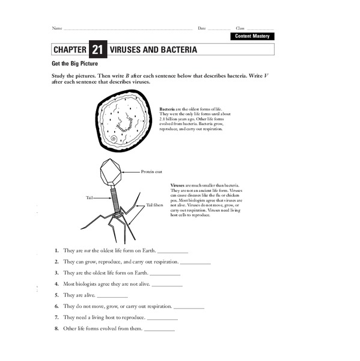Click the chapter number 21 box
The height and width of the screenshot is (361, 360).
tap(98, 49)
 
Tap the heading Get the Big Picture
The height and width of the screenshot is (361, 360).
tap(75, 63)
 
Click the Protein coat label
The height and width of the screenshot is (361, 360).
tap(151, 171)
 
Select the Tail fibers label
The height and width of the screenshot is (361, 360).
tap(154, 205)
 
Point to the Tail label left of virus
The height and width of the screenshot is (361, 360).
tap(90, 197)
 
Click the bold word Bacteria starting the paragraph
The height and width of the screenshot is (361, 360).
tap(167, 109)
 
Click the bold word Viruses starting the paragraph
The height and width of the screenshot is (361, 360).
tap(178, 185)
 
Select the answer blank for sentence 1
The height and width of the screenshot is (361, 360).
tap(172, 251)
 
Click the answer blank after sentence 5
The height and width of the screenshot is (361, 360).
tap(112, 296)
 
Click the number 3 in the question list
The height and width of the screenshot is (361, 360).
tap(56, 273)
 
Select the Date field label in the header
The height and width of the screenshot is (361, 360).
tap(202, 28)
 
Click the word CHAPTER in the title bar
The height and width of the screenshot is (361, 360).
tap(69, 49)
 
